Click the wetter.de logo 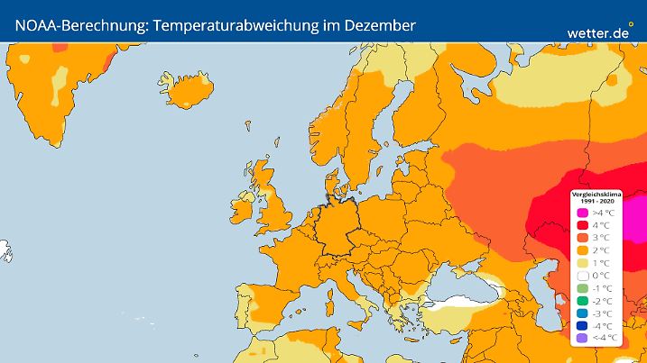597,32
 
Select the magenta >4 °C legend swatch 582,212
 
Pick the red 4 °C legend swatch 582,224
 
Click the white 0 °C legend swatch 582,275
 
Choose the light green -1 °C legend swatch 582,287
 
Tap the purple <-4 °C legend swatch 582,338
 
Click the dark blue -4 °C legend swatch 582,325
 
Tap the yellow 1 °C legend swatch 582,262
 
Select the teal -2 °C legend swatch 582,300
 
